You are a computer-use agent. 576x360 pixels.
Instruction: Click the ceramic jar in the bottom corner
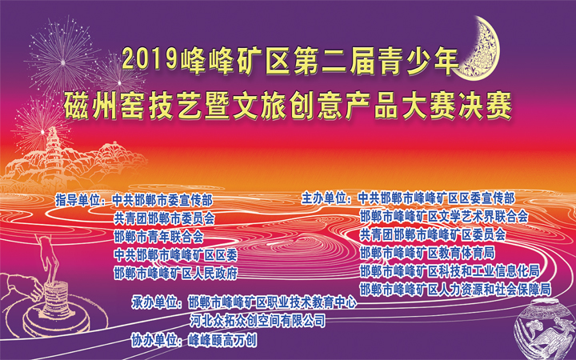pos(545,329)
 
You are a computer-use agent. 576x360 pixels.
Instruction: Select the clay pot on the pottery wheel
pos(56,298)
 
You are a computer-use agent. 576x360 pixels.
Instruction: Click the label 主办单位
pos(324,198)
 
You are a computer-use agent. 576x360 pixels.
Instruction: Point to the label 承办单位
pos(154,303)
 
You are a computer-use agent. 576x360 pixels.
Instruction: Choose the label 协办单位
pos(154,341)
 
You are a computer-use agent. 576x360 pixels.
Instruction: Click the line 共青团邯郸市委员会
pos(164,218)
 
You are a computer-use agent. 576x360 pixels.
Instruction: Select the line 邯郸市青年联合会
pos(158,237)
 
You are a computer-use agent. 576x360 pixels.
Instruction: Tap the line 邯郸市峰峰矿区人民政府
pos(175,274)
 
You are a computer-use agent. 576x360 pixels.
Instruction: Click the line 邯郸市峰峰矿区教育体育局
pos(427,253)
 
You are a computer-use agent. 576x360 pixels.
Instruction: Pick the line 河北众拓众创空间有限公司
pos(258,321)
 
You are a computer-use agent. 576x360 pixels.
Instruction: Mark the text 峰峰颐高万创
pos(222,341)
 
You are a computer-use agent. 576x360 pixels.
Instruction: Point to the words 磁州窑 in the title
pos(104,106)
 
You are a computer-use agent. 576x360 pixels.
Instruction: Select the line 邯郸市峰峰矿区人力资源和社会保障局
pos(455,290)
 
